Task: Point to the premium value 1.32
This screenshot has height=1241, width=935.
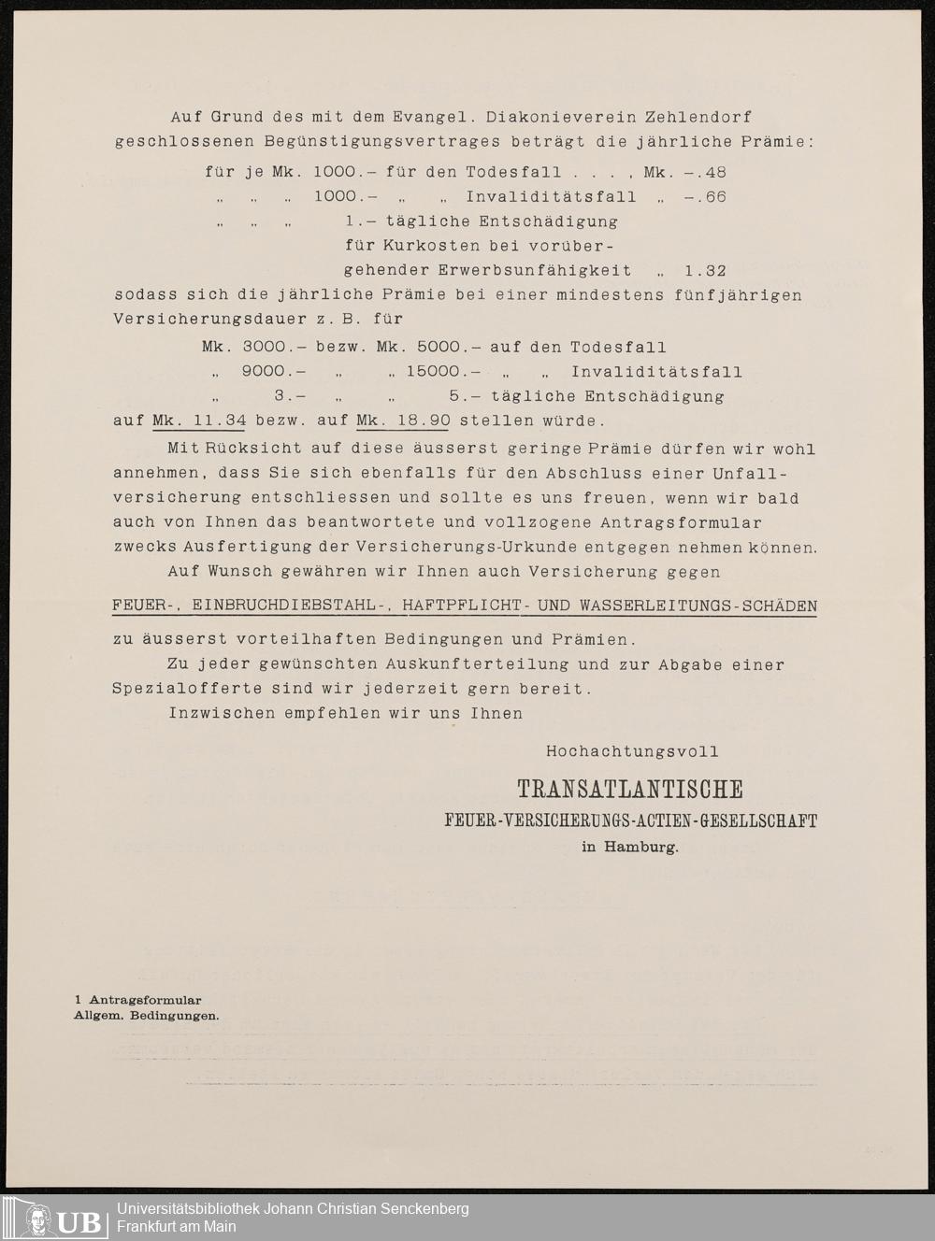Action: tap(705, 271)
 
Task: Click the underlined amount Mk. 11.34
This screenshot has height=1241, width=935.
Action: tap(199, 421)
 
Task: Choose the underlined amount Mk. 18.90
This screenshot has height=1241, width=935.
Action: tap(403, 421)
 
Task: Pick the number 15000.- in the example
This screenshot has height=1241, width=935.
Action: tap(443, 372)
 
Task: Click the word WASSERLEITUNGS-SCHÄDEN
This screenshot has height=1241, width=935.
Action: tap(698, 606)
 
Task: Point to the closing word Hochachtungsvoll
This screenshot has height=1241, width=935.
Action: tap(632, 751)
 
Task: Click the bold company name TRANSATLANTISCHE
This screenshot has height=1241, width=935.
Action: tap(630, 791)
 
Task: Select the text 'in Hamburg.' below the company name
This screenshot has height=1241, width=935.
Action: tap(629, 848)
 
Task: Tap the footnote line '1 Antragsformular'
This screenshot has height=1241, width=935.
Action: tap(138, 1001)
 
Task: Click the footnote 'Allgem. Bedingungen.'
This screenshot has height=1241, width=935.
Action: tap(147, 1016)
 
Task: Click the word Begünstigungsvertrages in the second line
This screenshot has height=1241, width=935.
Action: tap(365, 142)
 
